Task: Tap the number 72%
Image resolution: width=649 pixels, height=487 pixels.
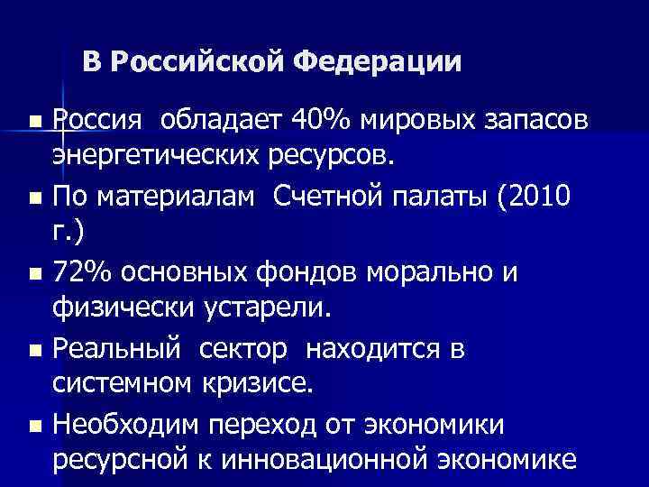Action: click(x=85, y=271)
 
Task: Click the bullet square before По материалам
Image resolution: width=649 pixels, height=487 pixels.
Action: click(x=35, y=197)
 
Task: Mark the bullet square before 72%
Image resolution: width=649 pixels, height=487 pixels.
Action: click(x=35, y=273)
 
